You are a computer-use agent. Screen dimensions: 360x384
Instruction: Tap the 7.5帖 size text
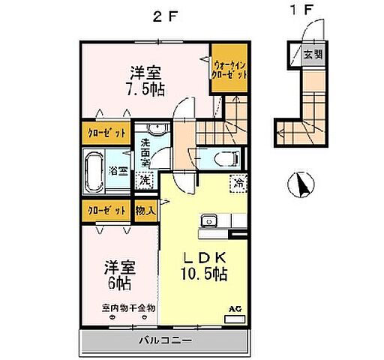click(x=147, y=88)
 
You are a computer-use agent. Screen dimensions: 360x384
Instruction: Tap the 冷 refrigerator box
click(x=238, y=183)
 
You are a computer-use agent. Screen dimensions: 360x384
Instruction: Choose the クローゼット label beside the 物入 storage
click(x=104, y=211)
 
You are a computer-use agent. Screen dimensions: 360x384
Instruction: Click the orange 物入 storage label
click(x=145, y=211)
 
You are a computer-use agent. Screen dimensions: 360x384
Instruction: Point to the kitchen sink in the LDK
click(x=208, y=220)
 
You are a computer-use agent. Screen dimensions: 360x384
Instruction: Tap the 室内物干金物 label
click(x=128, y=307)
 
